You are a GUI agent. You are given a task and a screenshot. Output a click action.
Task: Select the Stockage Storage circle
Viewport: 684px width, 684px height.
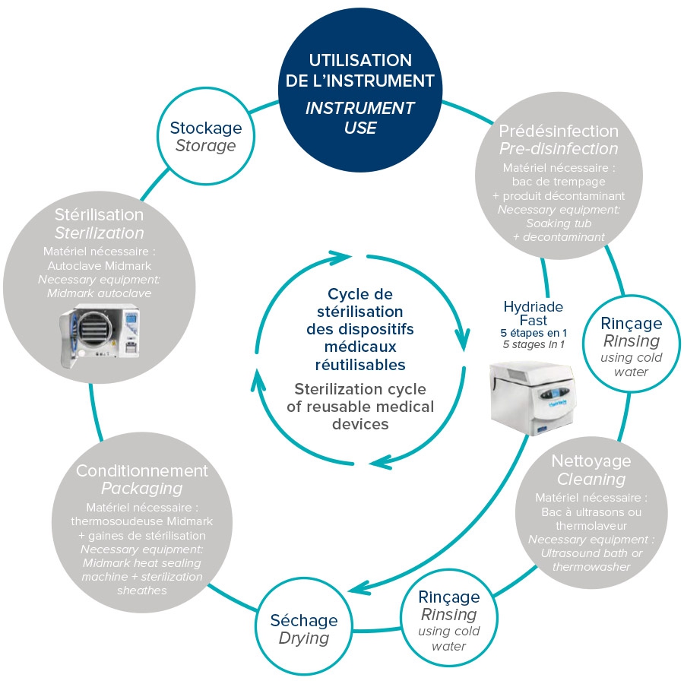pos(205,137)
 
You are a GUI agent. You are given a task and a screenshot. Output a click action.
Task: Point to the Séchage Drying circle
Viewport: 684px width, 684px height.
pos(303,629)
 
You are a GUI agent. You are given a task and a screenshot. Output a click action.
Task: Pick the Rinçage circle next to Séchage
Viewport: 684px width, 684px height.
pos(449,619)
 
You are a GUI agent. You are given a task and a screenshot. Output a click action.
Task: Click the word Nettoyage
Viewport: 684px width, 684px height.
pos(591,461)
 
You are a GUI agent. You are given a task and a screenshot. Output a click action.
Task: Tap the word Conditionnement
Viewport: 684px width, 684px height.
pos(141,470)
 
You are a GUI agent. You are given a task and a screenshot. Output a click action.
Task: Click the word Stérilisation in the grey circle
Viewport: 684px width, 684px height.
pos(100,214)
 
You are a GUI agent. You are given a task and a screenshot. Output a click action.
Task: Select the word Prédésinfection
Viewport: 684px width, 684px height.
pos(558,130)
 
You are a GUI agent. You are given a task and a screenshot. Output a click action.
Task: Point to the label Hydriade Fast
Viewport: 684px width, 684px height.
pos(533,313)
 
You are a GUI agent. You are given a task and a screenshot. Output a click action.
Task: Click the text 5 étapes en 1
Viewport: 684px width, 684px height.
pos(533,333)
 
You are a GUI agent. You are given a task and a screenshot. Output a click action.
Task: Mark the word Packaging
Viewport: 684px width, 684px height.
pos(141,488)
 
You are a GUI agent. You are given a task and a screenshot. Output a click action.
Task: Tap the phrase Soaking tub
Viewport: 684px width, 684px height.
pos(559,223)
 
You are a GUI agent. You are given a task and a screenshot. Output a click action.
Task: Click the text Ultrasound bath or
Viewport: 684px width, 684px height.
pos(591,552)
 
